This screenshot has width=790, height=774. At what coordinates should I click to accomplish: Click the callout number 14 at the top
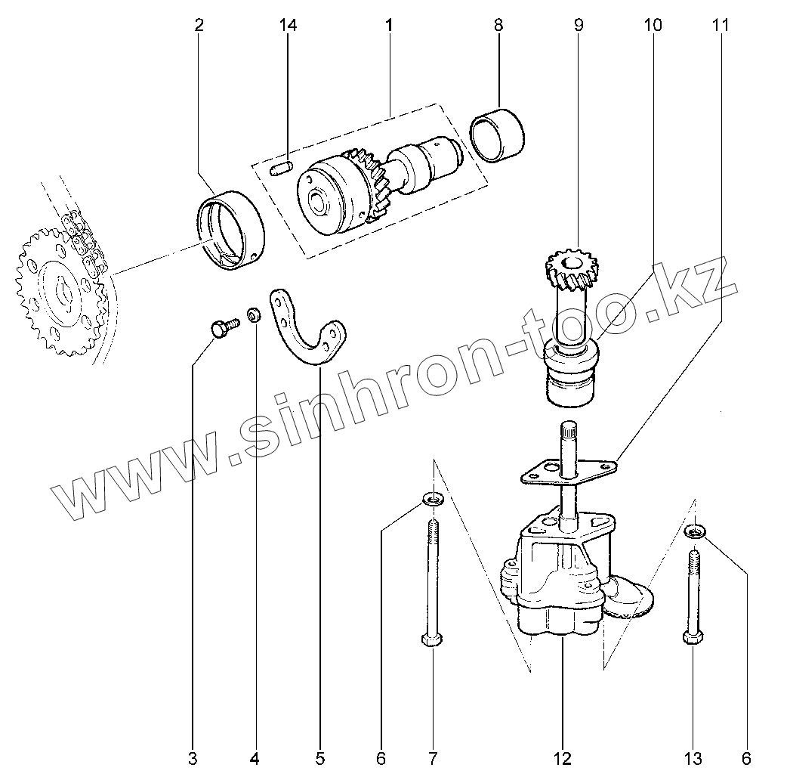pyautogui.click(x=288, y=25)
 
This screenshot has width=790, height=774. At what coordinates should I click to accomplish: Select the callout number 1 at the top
pyautogui.click(x=389, y=25)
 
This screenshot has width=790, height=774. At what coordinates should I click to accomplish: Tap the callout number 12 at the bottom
pyautogui.click(x=563, y=757)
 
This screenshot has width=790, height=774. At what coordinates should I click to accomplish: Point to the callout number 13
pyautogui.click(x=693, y=757)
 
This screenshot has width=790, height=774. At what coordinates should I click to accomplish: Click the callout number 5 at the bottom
pyautogui.click(x=319, y=757)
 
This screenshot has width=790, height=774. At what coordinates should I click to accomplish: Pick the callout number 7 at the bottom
pyautogui.click(x=434, y=757)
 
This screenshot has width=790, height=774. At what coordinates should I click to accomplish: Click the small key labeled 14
pyautogui.click(x=281, y=167)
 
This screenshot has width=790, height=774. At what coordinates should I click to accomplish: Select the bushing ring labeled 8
pyautogui.click(x=498, y=134)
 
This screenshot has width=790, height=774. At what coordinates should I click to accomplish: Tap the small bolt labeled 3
pyautogui.click(x=222, y=328)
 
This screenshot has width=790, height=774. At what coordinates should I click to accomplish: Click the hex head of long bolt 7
pyautogui.click(x=433, y=639)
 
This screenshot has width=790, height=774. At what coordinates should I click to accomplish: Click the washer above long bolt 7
pyautogui.click(x=433, y=499)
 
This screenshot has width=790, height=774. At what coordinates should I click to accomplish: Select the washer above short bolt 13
pyautogui.click(x=695, y=532)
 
